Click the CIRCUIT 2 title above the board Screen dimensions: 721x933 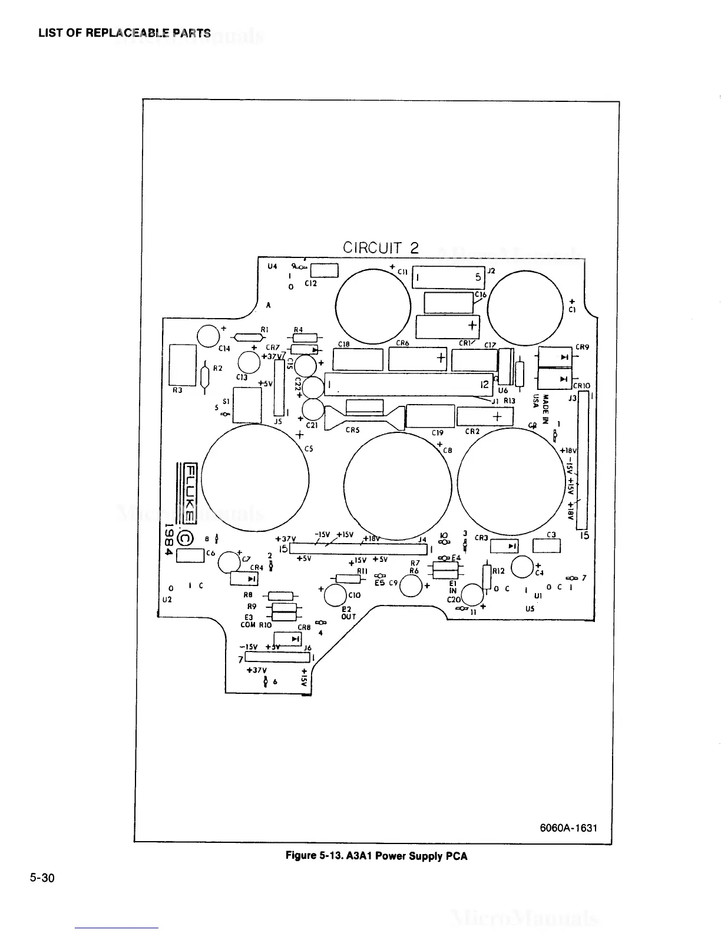coord(381,247)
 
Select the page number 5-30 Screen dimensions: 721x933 coord(42,878)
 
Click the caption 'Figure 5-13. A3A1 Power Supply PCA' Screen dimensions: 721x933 coord(376,856)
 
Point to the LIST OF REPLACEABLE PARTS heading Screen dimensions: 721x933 coord(124,33)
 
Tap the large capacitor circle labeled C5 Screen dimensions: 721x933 coord(255,477)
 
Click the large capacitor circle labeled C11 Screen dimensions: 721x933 coord(373,306)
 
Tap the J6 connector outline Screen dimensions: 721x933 coord(277,657)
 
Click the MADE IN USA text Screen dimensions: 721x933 coord(541,409)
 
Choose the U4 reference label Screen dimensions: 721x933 coord(272,266)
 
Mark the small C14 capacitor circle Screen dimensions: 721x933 coord(208,336)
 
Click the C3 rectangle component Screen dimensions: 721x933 coord(547,546)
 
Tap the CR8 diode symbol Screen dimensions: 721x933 coord(289,639)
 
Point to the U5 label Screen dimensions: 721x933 coord(530,609)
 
